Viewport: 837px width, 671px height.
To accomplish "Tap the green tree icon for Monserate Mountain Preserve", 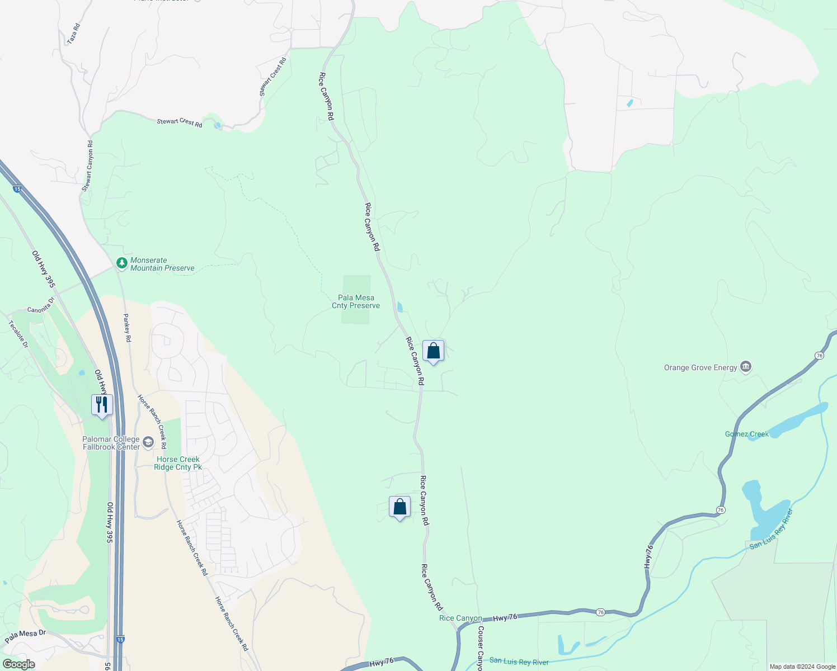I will pyautogui.click(x=121, y=262).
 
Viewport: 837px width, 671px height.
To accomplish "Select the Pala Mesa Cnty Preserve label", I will pyautogui.click(x=356, y=302).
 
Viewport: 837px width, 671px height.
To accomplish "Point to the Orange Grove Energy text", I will pyautogui.click(x=700, y=368).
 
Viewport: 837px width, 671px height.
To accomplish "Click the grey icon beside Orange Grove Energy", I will pyautogui.click(x=745, y=367).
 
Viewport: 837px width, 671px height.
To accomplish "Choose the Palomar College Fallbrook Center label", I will pyautogui.click(x=111, y=443).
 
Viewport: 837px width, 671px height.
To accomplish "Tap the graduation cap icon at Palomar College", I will pyautogui.click(x=148, y=442).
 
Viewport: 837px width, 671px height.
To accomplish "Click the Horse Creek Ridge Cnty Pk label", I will pyautogui.click(x=178, y=464).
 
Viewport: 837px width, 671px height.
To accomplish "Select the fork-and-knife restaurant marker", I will pyautogui.click(x=102, y=404).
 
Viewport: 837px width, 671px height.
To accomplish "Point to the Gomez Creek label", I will pyautogui.click(x=747, y=434).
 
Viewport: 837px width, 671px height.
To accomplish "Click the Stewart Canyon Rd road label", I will pyautogui.click(x=88, y=166).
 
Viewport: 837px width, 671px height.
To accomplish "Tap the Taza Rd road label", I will pyautogui.click(x=73, y=34).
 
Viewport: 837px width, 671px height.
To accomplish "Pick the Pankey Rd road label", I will pyautogui.click(x=127, y=328).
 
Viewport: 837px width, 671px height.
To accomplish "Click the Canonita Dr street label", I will pyautogui.click(x=41, y=306).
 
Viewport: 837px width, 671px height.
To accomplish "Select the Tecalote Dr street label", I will pyautogui.click(x=18, y=334).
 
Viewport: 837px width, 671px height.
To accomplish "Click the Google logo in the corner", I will pyautogui.click(x=18, y=664).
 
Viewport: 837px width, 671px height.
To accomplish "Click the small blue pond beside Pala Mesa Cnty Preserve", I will pyautogui.click(x=399, y=307).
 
